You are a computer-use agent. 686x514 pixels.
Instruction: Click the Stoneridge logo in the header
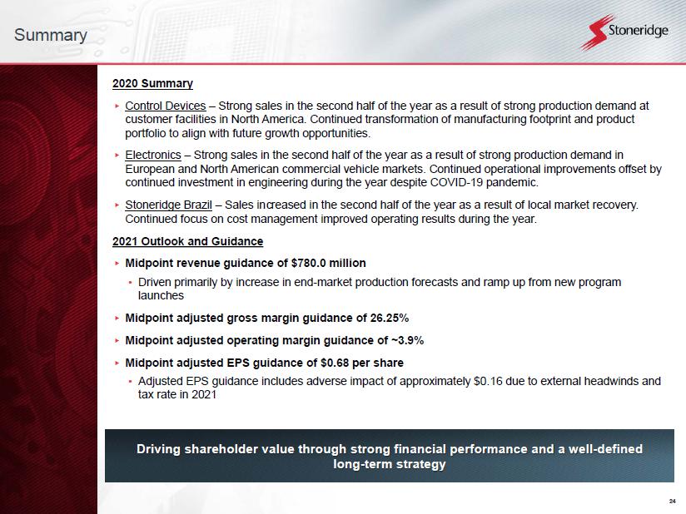[624, 32]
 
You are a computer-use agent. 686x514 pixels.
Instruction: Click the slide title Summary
[50, 35]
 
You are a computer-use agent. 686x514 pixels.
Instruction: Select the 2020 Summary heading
[152, 83]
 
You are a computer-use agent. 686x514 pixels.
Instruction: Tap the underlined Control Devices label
[166, 106]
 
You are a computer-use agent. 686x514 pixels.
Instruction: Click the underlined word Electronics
[153, 156]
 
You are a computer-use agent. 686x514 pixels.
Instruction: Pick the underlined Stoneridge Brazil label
[168, 205]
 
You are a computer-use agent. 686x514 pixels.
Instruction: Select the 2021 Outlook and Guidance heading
[187, 241]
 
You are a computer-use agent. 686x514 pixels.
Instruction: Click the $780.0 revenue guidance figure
[308, 263]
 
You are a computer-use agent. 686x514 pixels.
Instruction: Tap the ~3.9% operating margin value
[407, 340]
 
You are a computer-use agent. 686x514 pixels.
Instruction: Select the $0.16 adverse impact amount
[488, 381]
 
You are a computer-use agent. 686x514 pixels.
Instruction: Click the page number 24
[673, 501]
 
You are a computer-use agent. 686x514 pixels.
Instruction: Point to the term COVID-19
[457, 182]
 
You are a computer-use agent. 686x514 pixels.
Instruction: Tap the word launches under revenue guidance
[161, 296]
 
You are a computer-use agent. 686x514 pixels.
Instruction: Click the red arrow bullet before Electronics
[117, 156]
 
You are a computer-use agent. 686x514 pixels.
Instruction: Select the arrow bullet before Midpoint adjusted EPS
[117, 363]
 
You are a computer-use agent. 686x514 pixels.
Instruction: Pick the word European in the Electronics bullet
[150, 169]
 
